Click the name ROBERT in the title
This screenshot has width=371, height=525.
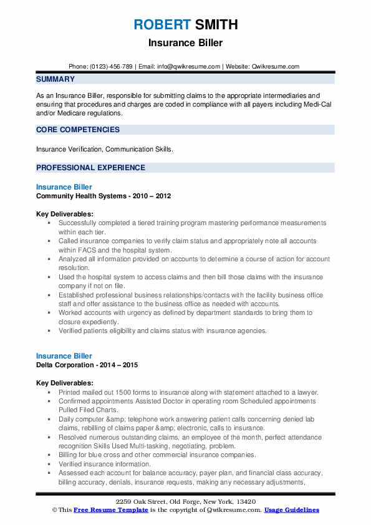click(x=161, y=25)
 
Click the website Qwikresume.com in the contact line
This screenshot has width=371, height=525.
click(x=276, y=66)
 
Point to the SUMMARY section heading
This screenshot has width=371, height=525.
click(x=55, y=79)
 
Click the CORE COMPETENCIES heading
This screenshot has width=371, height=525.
click(x=78, y=130)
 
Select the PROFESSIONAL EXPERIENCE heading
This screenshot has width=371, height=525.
click(x=90, y=168)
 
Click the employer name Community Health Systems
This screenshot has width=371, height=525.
click(x=81, y=196)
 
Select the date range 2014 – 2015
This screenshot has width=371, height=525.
click(x=119, y=365)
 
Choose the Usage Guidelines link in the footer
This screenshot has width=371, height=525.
click(x=292, y=510)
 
